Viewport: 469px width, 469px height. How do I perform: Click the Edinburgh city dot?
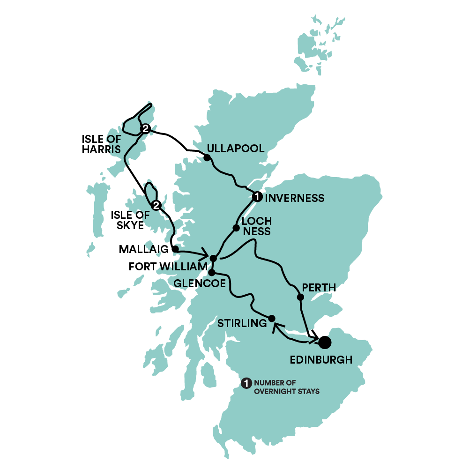pos(324,343)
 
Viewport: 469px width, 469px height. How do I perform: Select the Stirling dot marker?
pos(271,318)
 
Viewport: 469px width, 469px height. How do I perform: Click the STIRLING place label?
pos(242,323)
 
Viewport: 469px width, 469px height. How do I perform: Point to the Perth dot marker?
pos(300,297)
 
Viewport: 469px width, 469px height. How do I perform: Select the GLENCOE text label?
pos(198,283)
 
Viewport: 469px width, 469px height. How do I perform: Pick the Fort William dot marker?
pos(213,258)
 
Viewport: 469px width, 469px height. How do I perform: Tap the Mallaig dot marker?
pos(174,249)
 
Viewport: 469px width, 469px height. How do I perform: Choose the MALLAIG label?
pos(144,249)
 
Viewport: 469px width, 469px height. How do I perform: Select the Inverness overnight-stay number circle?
pos(256,197)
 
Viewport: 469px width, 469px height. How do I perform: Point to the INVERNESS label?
pos(295,198)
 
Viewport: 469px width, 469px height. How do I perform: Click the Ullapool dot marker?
pos(207,157)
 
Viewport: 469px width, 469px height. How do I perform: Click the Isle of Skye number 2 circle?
pos(156,205)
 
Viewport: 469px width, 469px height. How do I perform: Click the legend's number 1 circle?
pos(246,383)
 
